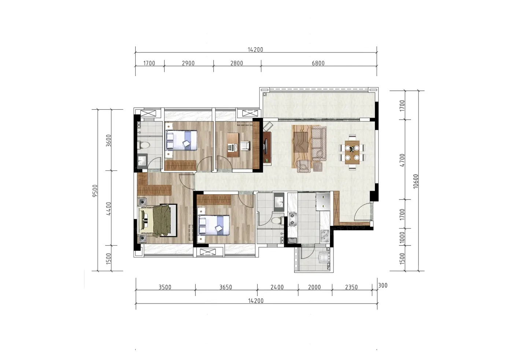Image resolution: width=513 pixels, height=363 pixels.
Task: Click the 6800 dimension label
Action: click(318, 63)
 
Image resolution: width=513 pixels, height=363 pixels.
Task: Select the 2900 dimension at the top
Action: click(188, 63)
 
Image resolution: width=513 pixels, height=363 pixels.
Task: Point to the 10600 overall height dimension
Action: click(416, 181)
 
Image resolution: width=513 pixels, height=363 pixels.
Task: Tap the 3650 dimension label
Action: click(226, 287)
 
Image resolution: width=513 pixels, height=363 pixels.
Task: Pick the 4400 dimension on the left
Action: click(108, 209)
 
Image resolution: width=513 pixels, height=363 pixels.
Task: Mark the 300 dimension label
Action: click(383, 285)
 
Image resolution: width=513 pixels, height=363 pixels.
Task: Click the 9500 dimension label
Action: click(95, 191)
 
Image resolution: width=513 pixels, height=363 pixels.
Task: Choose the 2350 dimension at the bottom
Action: click(351, 287)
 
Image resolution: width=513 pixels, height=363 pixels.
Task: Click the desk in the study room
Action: click(233, 145)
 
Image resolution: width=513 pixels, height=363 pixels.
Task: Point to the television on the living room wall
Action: click(265, 147)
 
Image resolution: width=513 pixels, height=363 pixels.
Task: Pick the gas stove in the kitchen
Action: click(292, 219)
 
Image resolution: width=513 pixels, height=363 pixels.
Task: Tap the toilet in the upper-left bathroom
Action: click(144, 145)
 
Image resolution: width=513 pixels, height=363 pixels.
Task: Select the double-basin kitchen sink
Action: click(325, 236)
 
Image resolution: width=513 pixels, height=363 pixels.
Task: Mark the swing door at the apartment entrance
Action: click(362, 212)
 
